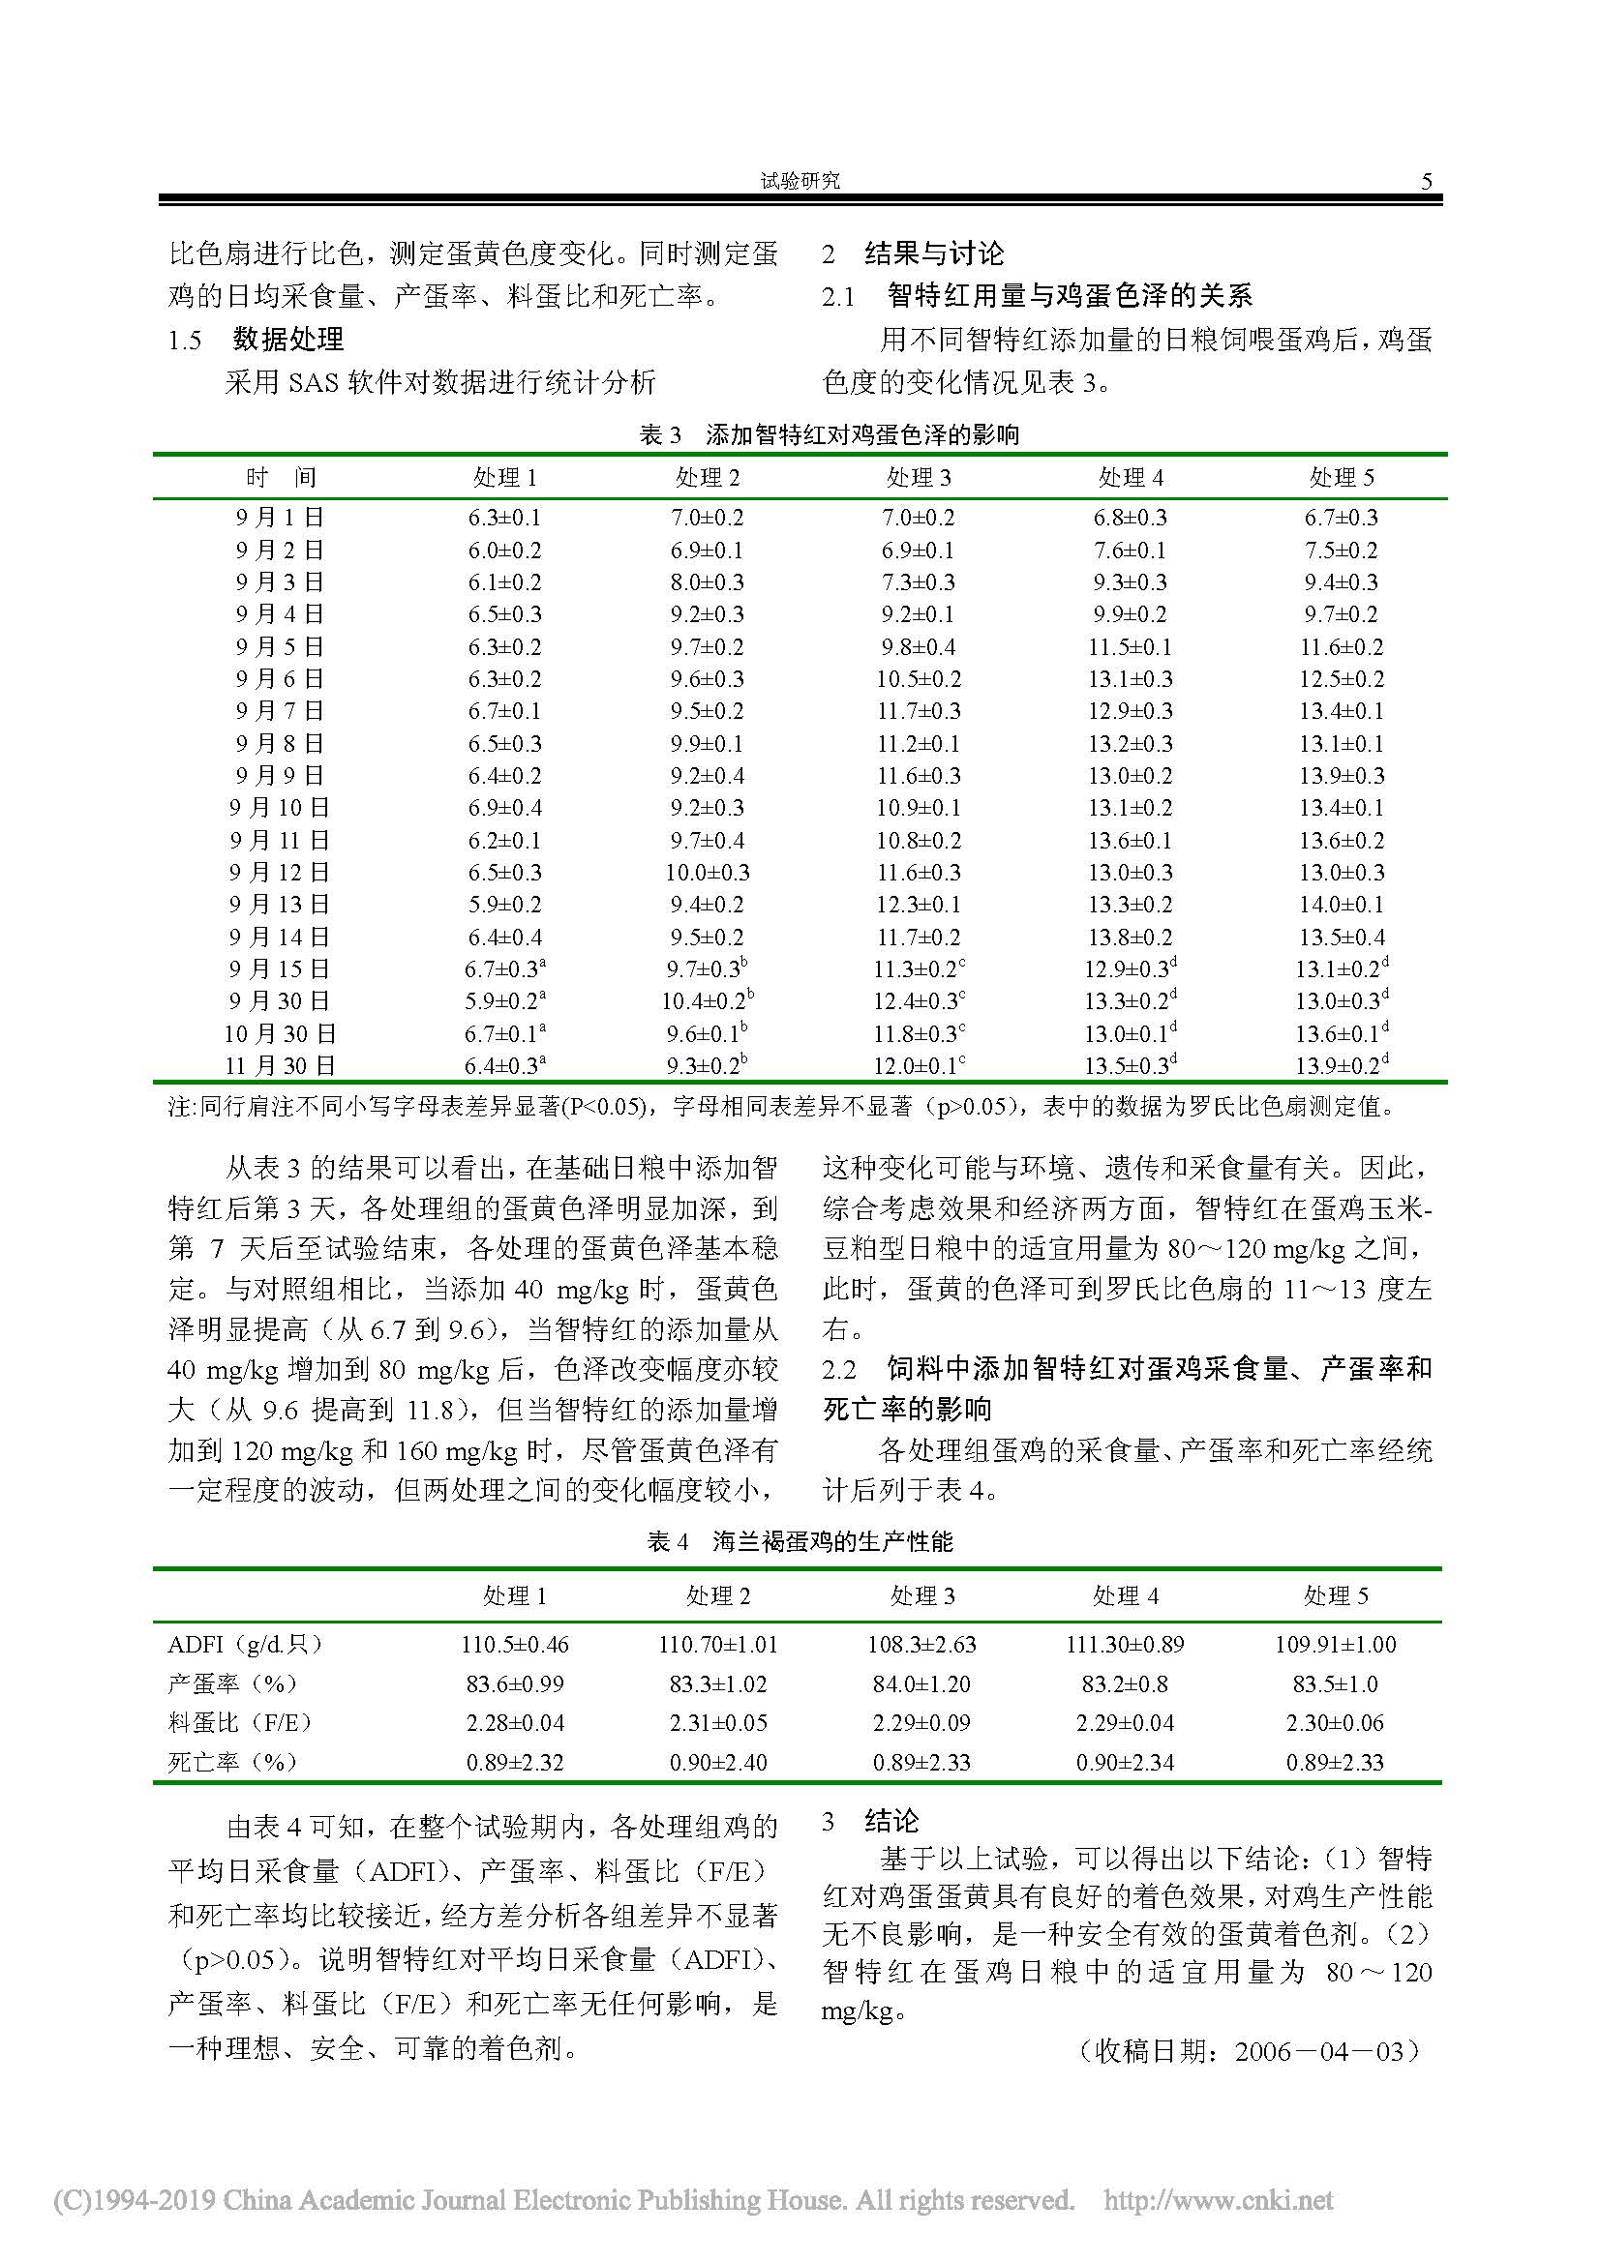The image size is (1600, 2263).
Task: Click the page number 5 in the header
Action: click(1426, 181)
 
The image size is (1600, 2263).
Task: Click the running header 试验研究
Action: click(800, 181)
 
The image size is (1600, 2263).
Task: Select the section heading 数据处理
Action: click(287, 340)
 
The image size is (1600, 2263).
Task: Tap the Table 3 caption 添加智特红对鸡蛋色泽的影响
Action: click(861, 434)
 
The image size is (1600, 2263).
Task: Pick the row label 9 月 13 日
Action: click(281, 905)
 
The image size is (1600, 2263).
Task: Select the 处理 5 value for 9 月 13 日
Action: click(1341, 905)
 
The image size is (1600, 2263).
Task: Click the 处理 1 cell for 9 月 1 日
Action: click(503, 519)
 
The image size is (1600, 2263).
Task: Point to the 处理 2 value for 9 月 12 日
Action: click(707, 873)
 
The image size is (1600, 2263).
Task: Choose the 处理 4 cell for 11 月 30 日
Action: click(1132, 1065)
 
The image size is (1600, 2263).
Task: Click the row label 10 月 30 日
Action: click(281, 1034)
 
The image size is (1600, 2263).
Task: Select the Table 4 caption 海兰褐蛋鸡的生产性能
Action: click(833, 1541)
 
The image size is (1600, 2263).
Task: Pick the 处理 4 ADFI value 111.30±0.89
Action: click(1125, 1644)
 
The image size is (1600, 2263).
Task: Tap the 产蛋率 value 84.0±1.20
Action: click(921, 1683)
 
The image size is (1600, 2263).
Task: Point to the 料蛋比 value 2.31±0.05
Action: click(717, 1723)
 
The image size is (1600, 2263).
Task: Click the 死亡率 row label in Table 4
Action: click(232, 1762)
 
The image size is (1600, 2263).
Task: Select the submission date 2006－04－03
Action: click(1319, 2051)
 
